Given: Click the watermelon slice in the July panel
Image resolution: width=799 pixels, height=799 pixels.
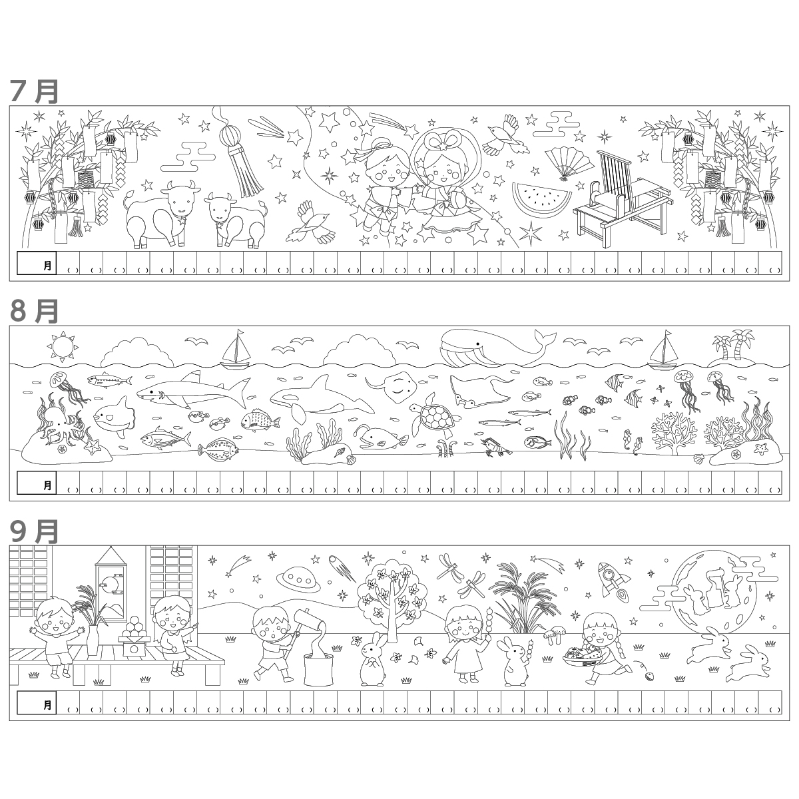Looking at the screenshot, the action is tap(541, 200).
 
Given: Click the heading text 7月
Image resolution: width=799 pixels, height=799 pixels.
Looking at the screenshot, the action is tap(35, 92).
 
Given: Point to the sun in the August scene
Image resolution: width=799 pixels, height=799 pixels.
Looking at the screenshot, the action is tap(63, 345).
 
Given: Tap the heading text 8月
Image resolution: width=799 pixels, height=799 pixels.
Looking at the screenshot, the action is tap(35, 312).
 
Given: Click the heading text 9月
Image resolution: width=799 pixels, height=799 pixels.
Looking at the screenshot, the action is tap(35, 532).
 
